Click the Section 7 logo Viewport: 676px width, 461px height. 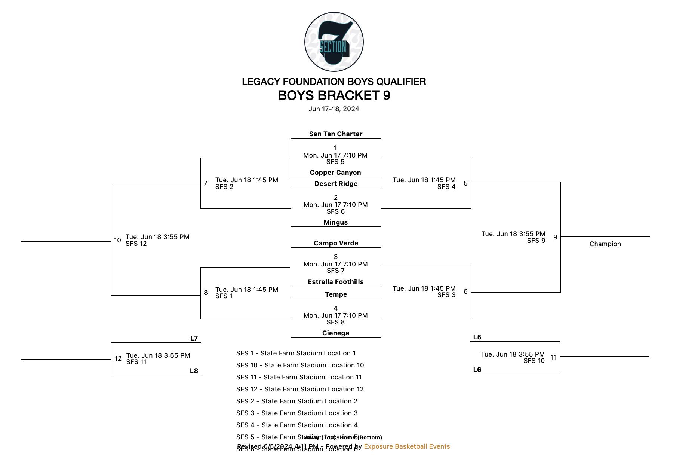click(334, 42)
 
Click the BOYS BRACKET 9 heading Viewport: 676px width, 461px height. click(334, 96)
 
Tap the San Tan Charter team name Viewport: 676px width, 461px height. click(335, 134)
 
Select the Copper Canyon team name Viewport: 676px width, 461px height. click(335, 173)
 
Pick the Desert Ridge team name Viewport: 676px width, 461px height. click(336, 184)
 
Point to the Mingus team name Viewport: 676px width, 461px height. click(335, 222)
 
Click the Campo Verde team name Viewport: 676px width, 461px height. click(336, 243)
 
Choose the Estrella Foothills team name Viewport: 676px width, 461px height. click(335, 282)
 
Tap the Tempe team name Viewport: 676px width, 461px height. click(336, 294)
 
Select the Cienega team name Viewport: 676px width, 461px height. click(335, 333)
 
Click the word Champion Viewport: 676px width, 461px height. click(605, 244)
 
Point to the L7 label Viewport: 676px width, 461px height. click(194, 338)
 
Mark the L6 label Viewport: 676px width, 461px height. click(477, 370)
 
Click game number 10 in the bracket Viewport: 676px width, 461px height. click(117, 240)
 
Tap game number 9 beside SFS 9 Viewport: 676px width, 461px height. click(555, 237)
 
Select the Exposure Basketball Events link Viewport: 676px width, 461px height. click(407, 446)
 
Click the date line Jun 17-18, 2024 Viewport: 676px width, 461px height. click(334, 109)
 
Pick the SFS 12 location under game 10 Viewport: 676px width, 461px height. click(136, 244)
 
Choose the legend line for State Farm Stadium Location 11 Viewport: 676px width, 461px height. click(299, 377)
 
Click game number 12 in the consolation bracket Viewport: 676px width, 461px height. click(118, 358)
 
